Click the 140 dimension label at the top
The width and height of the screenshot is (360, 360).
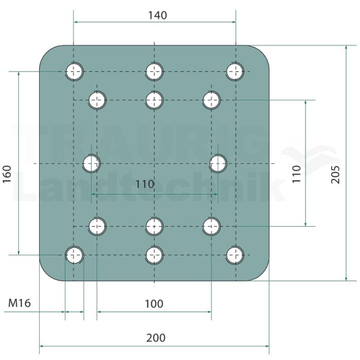[157, 15]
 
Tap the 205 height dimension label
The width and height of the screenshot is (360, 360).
[335, 174]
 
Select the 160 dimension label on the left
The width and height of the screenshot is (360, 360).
[7, 174]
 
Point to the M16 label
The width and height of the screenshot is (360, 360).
[20, 303]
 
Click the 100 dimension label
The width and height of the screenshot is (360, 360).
[154, 304]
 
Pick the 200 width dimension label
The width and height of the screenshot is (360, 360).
[156, 338]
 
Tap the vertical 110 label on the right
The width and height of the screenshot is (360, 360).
[296, 174]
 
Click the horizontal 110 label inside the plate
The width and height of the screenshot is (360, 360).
[145, 184]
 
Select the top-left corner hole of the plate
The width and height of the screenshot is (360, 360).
[74, 71]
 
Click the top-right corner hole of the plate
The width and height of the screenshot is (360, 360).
[236, 71]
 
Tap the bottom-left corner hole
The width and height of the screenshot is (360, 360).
[74, 255]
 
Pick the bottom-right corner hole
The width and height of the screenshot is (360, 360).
[236, 255]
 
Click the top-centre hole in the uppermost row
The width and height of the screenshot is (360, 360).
[154, 71]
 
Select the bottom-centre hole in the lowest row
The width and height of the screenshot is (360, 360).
[154, 255]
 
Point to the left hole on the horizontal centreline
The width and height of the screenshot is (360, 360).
[91, 164]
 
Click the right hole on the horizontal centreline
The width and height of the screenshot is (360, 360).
[218, 164]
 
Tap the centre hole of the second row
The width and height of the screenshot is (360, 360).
[154, 100]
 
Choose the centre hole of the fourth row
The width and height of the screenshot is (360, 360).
[154, 226]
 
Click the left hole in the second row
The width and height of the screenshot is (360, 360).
[97, 100]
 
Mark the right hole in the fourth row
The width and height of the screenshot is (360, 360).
[211, 226]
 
